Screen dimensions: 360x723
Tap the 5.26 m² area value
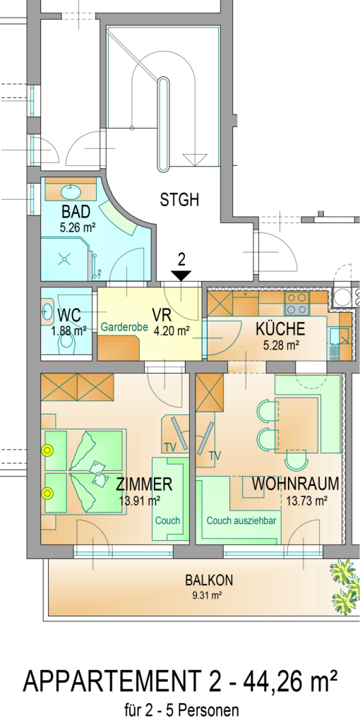[x=76, y=227]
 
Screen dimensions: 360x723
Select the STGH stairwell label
[x=180, y=200]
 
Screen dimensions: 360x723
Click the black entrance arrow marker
[x=181, y=276]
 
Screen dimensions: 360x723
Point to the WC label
[x=69, y=316]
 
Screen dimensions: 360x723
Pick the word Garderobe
[x=124, y=328]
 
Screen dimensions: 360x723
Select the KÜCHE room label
[x=280, y=329]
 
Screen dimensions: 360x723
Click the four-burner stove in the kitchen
[x=298, y=304]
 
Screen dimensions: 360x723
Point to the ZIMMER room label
[x=144, y=484]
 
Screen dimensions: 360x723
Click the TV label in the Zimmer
[x=169, y=447]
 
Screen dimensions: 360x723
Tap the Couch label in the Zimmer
[x=168, y=520]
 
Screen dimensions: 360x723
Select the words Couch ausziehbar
[x=241, y=520]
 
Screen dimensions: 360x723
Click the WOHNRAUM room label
[x=296, y=484]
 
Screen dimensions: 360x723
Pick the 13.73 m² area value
[x=306, y=501]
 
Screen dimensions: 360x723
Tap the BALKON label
[x=209, y=580]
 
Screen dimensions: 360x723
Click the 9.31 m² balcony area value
[x=207, y=595]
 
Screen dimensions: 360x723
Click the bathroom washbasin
[x=71, y=190]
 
